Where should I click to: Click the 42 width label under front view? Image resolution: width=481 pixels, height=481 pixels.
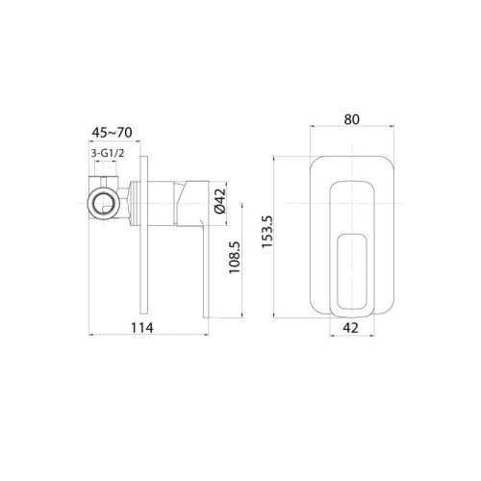350,326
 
